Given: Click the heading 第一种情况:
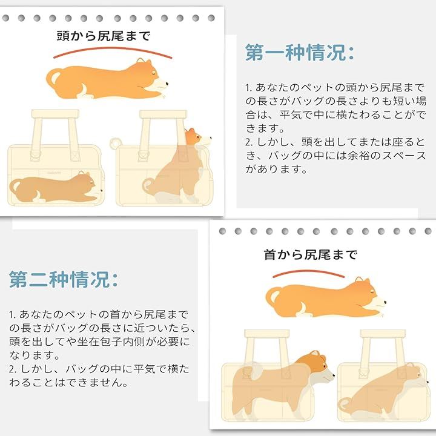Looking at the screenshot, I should (299, 53).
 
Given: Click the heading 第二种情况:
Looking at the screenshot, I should (63, 279).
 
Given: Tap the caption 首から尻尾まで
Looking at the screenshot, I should (310, 255).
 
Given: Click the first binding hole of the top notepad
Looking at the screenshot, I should (22, 18).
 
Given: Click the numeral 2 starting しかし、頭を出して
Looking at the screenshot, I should (248, 143).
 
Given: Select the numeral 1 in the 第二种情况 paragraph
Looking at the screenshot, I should (12, 315).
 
